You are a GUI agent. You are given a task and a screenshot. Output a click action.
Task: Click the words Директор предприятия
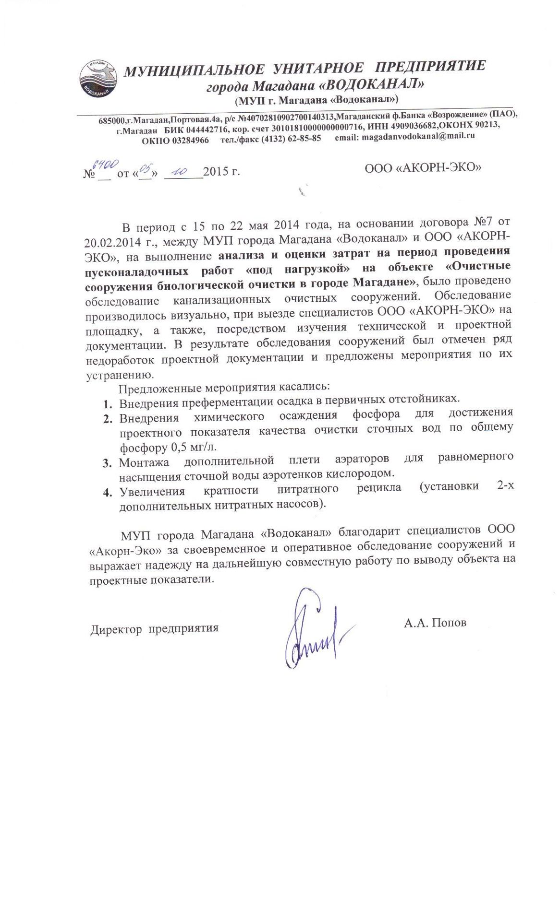click(154, 628)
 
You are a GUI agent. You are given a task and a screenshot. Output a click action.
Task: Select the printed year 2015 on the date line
click(216, 172)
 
